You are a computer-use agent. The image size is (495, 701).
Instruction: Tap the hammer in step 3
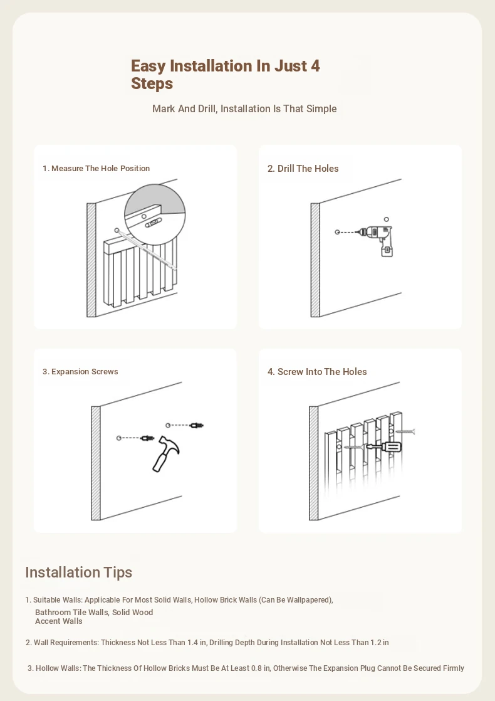coord(166,454)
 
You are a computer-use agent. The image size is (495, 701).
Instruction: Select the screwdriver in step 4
coord(383,446)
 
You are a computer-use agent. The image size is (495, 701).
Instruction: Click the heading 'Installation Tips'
coord(78,572)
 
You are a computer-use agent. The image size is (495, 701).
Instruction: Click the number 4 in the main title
coord(315,66)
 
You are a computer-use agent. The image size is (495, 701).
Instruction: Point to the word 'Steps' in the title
coord(152,83)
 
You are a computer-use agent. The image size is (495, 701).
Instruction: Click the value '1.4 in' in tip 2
coord(196,643)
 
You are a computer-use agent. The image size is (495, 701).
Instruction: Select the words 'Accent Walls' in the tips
coord(59,621)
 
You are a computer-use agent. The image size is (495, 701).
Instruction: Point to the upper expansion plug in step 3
coord(196,425)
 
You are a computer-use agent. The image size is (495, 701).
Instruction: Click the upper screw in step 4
coord(405,431)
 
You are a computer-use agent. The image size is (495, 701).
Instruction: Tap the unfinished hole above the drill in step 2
coord(387,219)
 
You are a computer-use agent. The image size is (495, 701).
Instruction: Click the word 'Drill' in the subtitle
coord(206,108)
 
